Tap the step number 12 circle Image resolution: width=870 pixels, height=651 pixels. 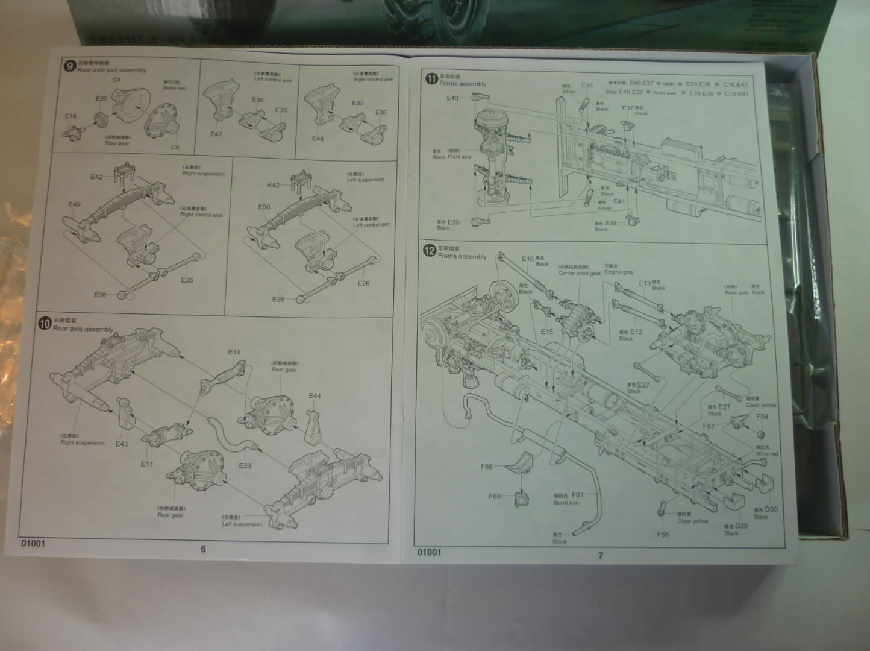coord(430,251)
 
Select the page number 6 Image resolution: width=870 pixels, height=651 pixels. coord(203,549)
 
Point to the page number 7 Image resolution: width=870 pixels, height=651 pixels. coord(600,555)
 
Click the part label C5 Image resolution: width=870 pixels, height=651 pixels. coord(175,147)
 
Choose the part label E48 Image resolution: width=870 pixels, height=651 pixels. coord(318,139)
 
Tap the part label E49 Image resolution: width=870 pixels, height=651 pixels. coord(74,204)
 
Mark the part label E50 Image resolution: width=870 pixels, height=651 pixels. coord(264,207)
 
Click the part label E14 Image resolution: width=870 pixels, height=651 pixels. coord(234,352)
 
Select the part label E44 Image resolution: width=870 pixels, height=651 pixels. coord(315,396)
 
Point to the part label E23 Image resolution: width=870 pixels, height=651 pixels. coord(245,465)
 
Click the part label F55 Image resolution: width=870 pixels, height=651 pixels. coord(487,466)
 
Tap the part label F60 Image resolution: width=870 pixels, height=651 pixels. coord(495,497)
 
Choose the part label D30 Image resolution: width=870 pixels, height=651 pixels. coord(771,509)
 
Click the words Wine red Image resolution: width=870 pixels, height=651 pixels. coord(767,454)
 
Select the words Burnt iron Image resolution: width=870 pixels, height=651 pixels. coord(566,502)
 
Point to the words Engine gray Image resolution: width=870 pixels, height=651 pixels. coord(619,272)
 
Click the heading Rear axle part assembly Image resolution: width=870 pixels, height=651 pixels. coord(111,71)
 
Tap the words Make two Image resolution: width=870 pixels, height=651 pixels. coord(174,88)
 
